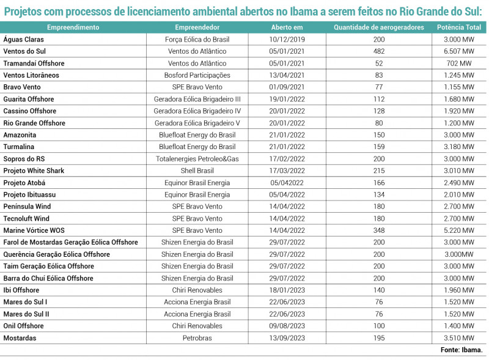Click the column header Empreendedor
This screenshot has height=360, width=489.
point(197,28)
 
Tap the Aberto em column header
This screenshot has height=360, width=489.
point(287,28)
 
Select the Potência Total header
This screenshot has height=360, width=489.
point(459,28)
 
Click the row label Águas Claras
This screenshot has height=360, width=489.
point(23,40)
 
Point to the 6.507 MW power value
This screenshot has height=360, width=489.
point(459,51)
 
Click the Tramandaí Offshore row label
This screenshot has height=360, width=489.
point(34,64)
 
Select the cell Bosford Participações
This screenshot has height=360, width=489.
point(197,75)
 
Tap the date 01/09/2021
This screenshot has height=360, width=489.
point(287,87)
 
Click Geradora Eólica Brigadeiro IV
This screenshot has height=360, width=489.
point(197,111)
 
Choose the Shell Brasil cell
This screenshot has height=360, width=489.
point(197,171)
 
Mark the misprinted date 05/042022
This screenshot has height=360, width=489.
point(287,183)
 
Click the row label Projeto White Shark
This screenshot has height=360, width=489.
point(34,171)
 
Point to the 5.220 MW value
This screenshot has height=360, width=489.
point(459,230)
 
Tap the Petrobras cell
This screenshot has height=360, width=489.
point(197,338)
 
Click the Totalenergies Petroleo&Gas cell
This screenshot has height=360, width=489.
point(197,159)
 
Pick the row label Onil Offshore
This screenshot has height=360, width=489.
point(23,326)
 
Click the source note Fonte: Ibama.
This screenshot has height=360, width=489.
point(461,350)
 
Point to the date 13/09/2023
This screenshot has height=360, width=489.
point(287,338)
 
